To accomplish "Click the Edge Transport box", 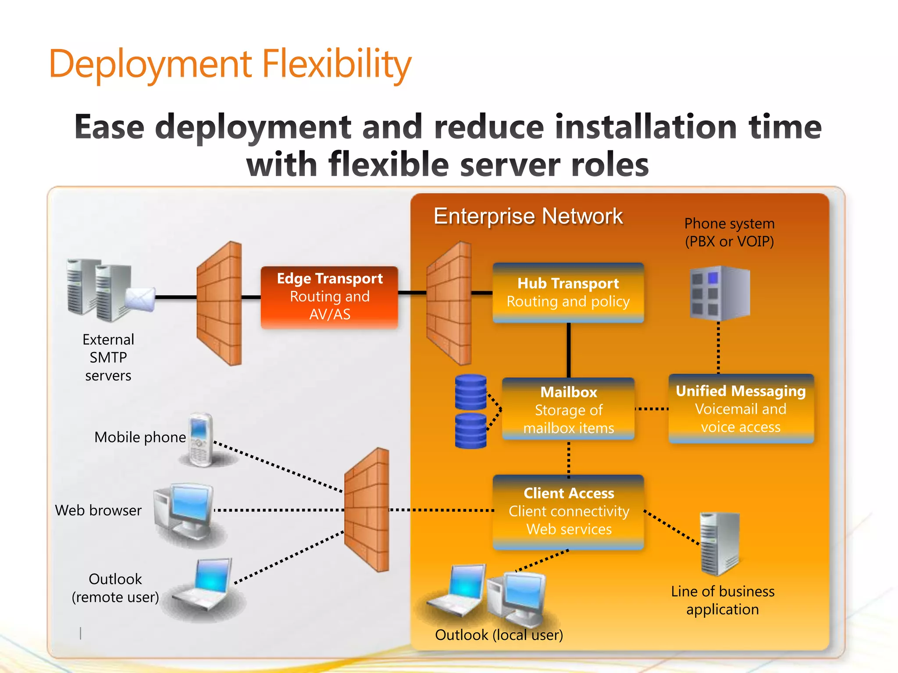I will click(329, 297).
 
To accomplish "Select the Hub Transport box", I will click(568, 293).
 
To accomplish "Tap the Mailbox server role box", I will click(568, 409).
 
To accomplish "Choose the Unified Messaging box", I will click(741, 408).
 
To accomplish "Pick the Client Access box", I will click(568, 511).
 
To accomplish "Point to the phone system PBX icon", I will click(720, 292).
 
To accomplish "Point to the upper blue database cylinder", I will click(470, 391).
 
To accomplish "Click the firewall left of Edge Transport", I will click(220, 302).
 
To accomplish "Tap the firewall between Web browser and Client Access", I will click(367, 510).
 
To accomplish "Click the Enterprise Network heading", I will click(528, 216).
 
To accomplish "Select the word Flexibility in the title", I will click(337, 64).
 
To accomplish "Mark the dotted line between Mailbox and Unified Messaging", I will click(652, 409).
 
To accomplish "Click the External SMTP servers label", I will click(108, 358).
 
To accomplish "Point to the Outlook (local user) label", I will click(499, 634).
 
